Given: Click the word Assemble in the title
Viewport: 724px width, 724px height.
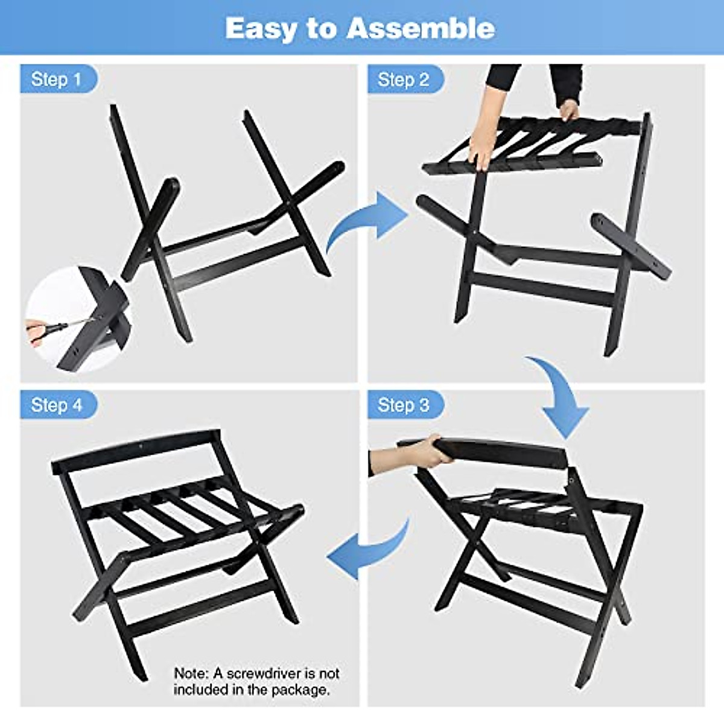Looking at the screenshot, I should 421,28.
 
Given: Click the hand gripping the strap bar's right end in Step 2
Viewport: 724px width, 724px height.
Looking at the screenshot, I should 568,110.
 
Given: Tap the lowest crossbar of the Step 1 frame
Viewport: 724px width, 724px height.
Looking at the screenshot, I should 241,265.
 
